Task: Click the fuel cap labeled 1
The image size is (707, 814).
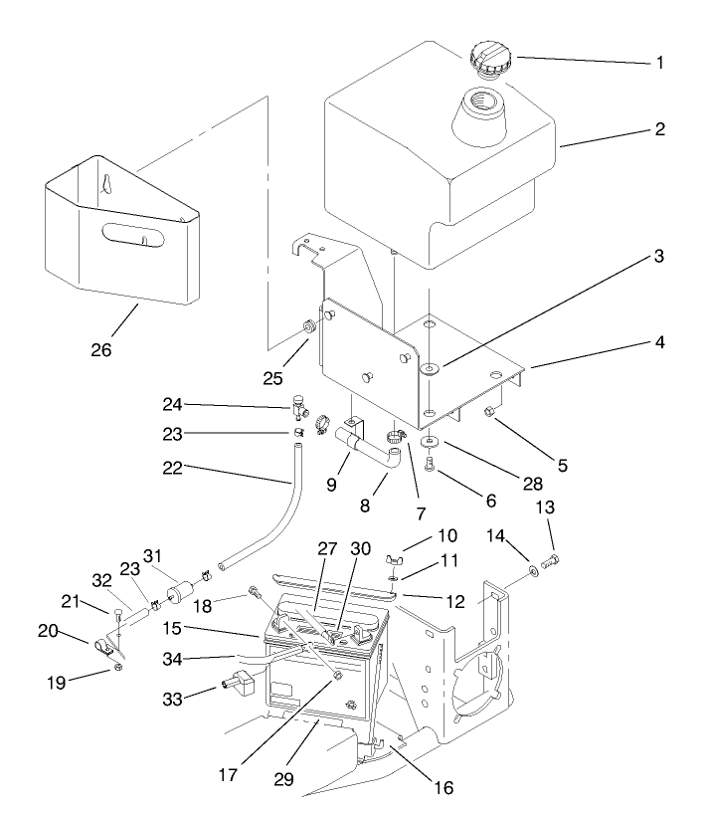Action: click(x=487, y=56)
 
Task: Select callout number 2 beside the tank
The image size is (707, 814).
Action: click(x=661, y=129)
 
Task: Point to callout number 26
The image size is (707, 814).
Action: click(x=101, y=350)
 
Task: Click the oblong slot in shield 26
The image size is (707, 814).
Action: click(x=128, y=239)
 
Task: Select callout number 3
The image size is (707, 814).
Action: click(x=660, y=257)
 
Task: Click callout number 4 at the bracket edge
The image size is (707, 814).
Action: click(x=660, y=341)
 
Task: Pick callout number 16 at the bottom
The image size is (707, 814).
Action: click(x=442, y=787)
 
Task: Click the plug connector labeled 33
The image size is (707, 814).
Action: click(x=237, y=686)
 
